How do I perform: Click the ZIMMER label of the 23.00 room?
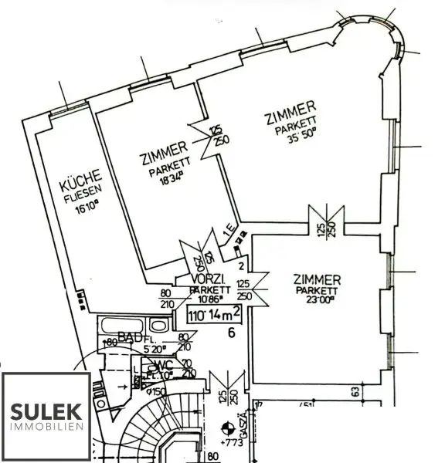(x=318, y=279)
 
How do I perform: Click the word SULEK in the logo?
(x=46, y=409)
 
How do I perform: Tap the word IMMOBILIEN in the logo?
(x=46, y=427)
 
